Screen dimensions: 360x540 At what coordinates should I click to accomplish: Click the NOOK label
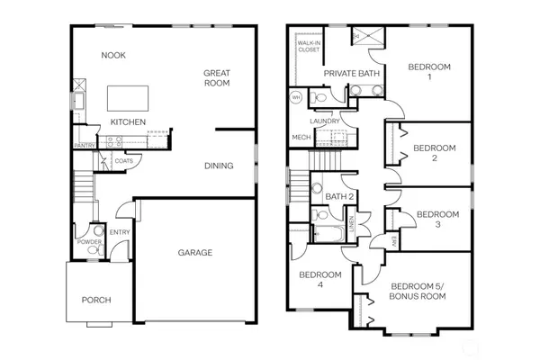click(113, 56)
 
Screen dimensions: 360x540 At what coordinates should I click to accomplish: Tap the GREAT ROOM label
click(216, 78)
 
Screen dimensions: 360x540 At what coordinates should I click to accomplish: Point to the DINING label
click(219, 166)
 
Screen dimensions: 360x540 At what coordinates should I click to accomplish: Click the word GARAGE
click(193, 253)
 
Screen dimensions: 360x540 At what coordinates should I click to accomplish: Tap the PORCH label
click(96, 301)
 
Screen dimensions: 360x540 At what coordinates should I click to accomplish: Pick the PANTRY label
click(85, 144)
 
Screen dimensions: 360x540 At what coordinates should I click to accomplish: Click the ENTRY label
click(119, 233)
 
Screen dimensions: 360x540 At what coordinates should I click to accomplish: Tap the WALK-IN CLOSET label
click(310, 48)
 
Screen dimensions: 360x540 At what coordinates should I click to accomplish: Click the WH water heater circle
click(295, 97)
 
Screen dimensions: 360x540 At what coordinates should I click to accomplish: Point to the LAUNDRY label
click(323, 121)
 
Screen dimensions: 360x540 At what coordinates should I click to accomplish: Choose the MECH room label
click(301, 138)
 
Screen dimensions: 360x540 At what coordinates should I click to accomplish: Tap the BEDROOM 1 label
click(428, 71)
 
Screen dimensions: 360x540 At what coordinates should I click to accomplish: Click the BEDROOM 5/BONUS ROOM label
click(418, 289)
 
